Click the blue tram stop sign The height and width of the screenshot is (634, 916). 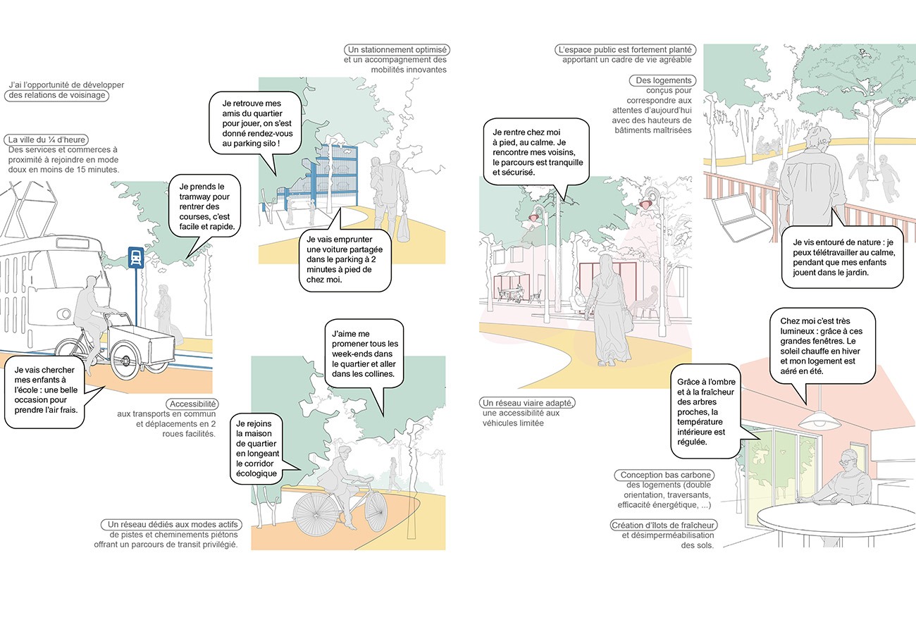(x=136, y=258)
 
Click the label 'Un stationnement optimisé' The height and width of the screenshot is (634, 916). (x=397, y=50)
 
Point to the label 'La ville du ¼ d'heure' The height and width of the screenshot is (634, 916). (x=47, y=139)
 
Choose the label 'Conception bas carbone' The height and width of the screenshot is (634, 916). (x=664, y=475)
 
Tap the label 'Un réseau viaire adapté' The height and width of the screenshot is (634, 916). (x=527, y=403)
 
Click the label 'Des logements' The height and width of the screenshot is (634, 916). (x=663, y=80)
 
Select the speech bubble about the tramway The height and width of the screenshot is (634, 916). (x=204, y=207)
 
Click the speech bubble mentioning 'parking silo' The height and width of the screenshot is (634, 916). (x=255, y=123)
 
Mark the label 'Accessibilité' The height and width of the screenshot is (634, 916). (x=192, y=404)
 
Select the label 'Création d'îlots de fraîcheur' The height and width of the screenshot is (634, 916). (x=663, y=526)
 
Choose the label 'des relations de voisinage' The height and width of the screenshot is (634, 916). (x=57, y=95)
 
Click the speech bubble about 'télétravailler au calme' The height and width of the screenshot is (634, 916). (x=843, y=257)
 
